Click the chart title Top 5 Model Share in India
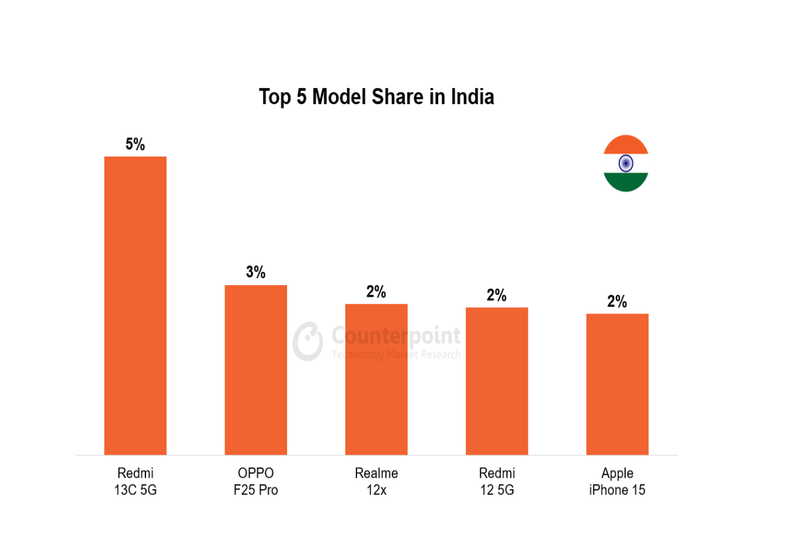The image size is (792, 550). [x=376, y=97]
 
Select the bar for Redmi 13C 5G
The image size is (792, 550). [x=135, y=306]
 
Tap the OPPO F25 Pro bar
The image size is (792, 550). [x=256, y=370]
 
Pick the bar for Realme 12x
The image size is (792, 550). [x=376, y=379]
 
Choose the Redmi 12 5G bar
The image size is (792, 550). [x=497, y=381]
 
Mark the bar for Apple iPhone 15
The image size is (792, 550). [x=618, y=384]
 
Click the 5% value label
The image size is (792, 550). [x=135, y=144]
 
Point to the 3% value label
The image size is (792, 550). [x=256, y=272]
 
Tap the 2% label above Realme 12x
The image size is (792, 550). [x=376, y=292]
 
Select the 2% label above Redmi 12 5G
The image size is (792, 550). [x=497, y=295]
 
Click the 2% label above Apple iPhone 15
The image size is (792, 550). [x=618, y=302]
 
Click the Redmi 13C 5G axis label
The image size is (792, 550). [x=135, y=482]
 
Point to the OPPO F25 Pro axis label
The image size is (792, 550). [x=256, y=482]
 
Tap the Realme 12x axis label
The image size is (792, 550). [x=376, y=482]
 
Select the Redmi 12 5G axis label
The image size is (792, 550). [x=497, y=482]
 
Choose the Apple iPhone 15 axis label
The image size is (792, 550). [x=618, y=482]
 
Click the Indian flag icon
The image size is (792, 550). [x=626, y=164]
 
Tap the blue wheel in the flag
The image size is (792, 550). [x=626, y=164]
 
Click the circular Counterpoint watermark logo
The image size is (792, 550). [x=308, y=341]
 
